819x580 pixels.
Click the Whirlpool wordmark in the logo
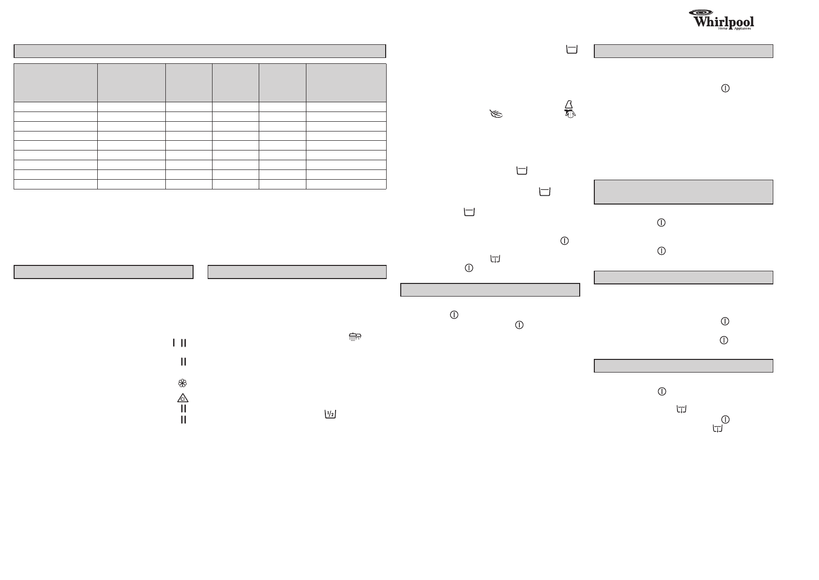pyautogui.click(x=724, y=22)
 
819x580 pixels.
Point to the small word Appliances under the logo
pyautogui.click(x=742, y=29)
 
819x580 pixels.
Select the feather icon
pyautogui.click(x=496, y=114)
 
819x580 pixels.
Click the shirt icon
pyautogui.click(x=570, y=114)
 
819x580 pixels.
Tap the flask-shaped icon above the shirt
pyautogui.click(x=569, y=104)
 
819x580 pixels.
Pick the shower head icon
pyautogui.click(x=355, y=337)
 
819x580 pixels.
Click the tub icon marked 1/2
pyautogui.click(x=330, y=414)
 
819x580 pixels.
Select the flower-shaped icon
pyautogui.click(x=182, y=383)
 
